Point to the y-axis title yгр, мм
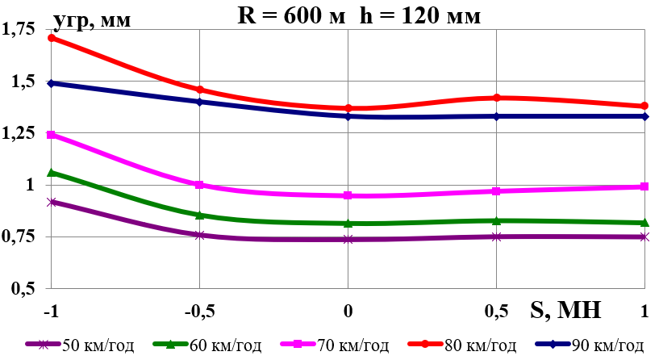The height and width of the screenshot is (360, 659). (x=94, y=21)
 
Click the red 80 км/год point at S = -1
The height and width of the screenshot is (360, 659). (x=52, y=38)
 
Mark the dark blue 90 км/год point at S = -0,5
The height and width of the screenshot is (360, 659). (x=200, y=102)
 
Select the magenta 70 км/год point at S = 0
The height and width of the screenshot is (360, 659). (x=348, y=195)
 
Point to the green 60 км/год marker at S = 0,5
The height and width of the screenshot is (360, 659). (x=497, y=220)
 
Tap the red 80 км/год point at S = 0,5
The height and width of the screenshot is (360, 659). (x=497, y=98)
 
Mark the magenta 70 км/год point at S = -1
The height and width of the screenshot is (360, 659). (x=52, y=135)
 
